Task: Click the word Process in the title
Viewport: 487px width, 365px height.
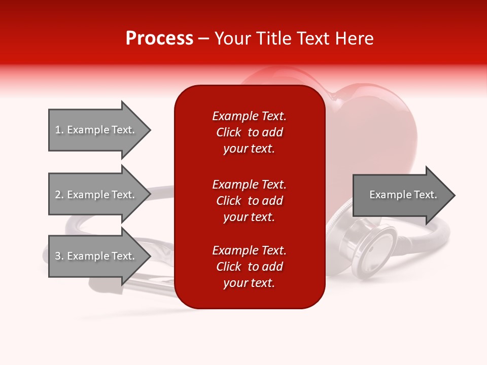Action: coord(159,38)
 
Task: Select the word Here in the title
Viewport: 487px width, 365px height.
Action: coord(355,38)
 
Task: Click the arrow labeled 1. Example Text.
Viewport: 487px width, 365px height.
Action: coord(99,130)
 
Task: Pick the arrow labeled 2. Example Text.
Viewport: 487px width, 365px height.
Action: coord(99,194)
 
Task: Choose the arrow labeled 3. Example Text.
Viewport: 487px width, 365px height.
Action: coord(99,256)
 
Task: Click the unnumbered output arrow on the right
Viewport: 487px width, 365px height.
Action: coord(404,195)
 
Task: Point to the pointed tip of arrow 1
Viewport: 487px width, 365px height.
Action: coord(151,130)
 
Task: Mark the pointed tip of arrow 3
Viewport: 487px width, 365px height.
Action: coord(151,256)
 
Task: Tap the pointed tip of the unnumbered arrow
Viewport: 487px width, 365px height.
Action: coord(455,195)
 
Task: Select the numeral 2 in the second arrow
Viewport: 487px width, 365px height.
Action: coord(58,195)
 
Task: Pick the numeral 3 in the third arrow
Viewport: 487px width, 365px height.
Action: coord(58,256)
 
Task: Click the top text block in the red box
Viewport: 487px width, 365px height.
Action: coord(250,132)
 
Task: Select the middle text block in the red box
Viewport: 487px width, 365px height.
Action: coord(250,201)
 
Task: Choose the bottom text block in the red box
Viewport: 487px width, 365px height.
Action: coord(250,267)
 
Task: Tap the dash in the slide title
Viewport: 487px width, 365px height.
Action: coord(203,39)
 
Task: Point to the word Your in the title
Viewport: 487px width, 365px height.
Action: coord(233,38)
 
